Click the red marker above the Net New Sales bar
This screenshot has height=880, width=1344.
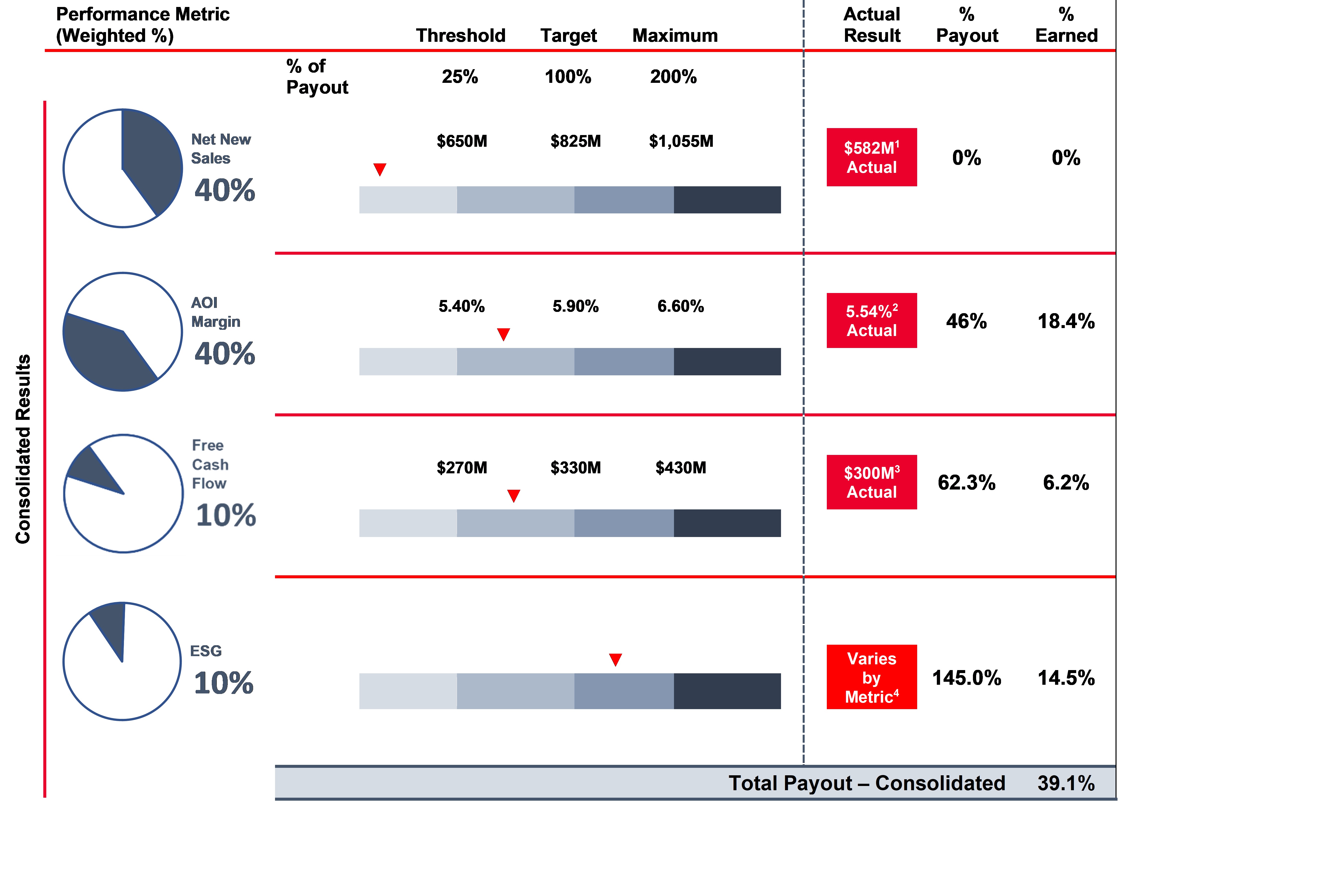[x=380, y=169]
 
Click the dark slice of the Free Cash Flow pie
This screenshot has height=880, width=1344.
[x=90, y=469]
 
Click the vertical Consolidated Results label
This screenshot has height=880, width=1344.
[x=23, y=449]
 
